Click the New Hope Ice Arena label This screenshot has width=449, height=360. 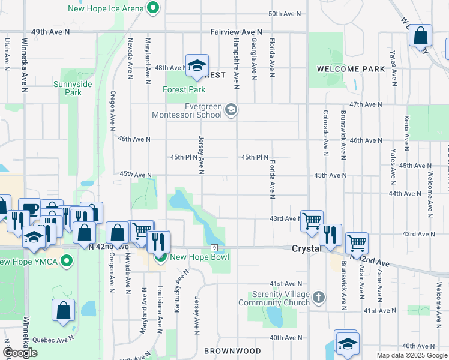(x=106, y=8)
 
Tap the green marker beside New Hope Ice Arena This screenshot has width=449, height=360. (x=153, y=8)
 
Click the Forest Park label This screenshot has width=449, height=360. (x=184, y=89)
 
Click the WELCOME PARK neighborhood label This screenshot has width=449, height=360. (x=351, y=69)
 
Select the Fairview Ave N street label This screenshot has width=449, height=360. (x=237, y=31)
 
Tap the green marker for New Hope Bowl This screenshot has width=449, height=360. (x=161, y=257)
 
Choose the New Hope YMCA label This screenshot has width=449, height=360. (x=30, y=262)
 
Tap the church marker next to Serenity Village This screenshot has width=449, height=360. (x=318, y=297)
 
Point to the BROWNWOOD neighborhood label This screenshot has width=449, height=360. (x=232, y=350)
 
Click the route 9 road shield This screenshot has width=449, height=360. (x=214, y=248)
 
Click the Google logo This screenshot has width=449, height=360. (x=20, y=353)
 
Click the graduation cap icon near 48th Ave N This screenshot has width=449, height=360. (x=196, y=65)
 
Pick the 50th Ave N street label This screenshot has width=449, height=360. (x=284, y=13)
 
